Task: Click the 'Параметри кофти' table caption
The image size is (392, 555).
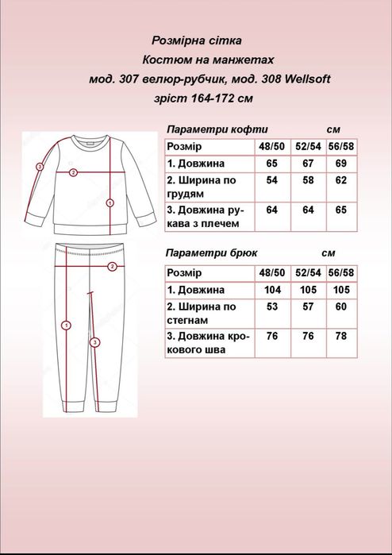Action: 217,129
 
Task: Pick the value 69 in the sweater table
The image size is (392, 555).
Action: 341,163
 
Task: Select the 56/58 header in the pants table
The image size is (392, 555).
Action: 341,273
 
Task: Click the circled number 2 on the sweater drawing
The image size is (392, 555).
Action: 73,172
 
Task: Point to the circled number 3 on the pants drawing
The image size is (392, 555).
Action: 94,342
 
